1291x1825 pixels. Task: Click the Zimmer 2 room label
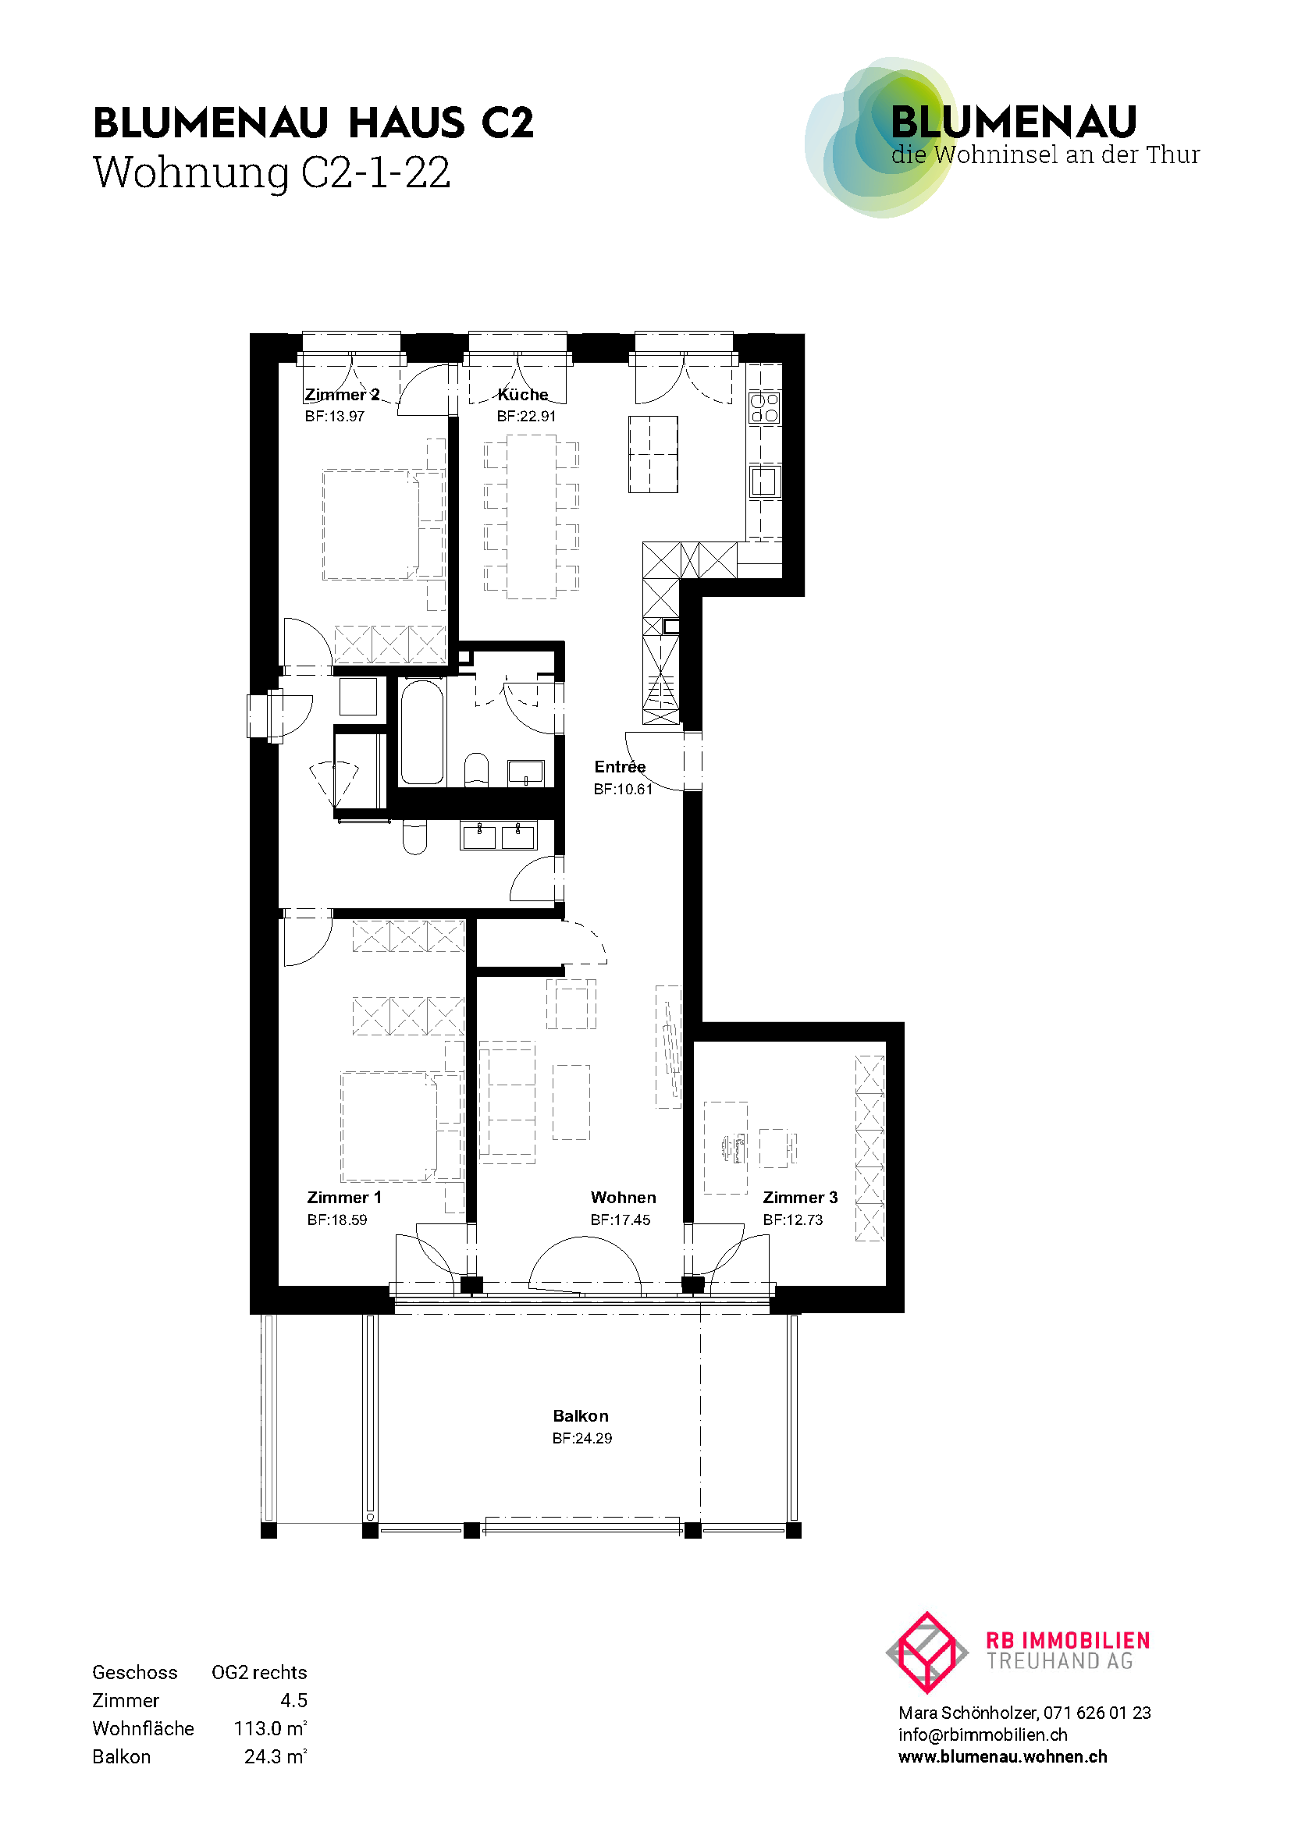(x=342, y=394)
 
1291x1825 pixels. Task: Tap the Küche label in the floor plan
(x=522, y=394)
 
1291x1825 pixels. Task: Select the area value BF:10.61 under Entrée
(x=623, y=790)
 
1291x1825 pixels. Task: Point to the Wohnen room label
(x=623, y=1197)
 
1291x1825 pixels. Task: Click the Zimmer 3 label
(x=800, y=1197)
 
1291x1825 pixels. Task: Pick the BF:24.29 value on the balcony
(x=582, y=1438)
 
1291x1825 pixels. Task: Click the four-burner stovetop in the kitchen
(x=765, y=407)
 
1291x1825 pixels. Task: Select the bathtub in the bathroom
(x=421, y=732)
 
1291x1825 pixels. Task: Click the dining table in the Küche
(x=532, y=517)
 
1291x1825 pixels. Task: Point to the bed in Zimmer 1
(x=389, y=1127)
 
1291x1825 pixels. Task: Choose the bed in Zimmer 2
(x=371, y=524)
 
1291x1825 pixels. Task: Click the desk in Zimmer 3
(x=726, y=1147)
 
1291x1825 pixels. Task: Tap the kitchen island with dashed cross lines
(x=653, y=454)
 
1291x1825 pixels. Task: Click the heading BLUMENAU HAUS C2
(x=313, y=123)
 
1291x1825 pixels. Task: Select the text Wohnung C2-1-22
(x=272, y=172)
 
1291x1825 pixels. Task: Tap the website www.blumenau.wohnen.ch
(x=1002, y=1756)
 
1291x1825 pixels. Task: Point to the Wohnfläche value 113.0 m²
(x=270, y=1728)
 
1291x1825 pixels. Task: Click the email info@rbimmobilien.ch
(x=983, y=1734)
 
